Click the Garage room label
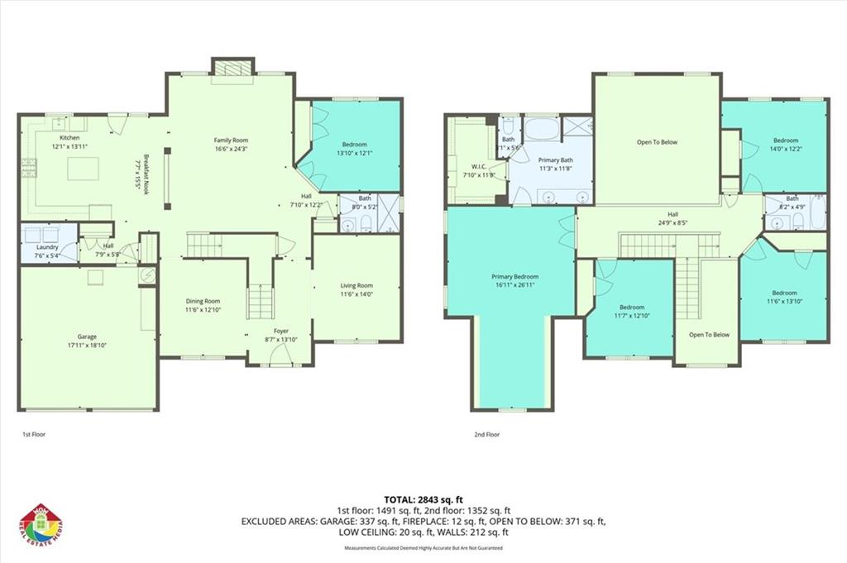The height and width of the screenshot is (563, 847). (87, 336)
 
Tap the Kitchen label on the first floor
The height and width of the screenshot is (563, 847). (69, 137)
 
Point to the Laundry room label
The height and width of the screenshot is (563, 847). (47, 246)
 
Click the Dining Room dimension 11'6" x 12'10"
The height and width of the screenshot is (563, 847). (203, 310)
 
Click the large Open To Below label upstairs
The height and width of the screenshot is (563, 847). (657, 142)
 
